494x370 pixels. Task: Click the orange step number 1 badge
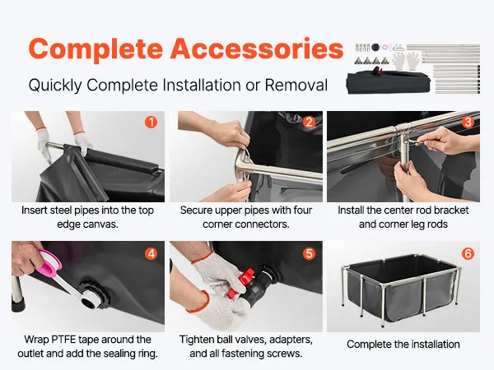(x=151, y=122)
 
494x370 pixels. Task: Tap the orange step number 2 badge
(x=309, y=122)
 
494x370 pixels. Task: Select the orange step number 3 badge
(x=468, y=122)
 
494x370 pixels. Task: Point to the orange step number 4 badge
(x=151, y=253)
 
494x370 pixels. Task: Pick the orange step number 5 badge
(x=309, y=253)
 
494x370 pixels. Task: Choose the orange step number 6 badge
(x=468, y=253)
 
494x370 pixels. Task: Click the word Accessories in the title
(x=257, y=49)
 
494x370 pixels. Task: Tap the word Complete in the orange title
(x=96, y=50)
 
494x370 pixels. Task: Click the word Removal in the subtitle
(x=296, y=85)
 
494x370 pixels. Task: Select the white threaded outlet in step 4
(x=91, y=298)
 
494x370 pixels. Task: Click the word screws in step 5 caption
(x=284, y=354)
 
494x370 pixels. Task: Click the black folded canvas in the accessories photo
(x=388, y=82)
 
